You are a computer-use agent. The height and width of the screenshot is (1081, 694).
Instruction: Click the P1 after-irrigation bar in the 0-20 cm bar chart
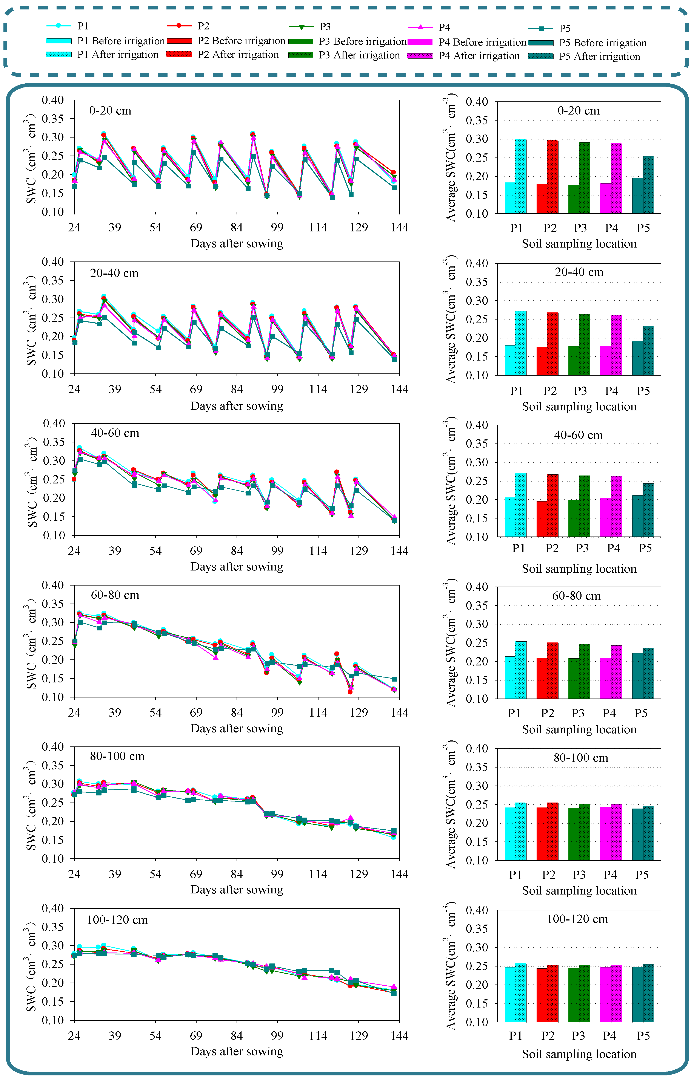520,176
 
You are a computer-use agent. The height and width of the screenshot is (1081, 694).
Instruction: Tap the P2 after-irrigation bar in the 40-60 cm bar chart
552,505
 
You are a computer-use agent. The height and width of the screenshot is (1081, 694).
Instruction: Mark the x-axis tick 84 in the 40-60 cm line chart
237,551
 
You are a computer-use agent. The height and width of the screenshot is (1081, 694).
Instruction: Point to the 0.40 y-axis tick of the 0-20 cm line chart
53,100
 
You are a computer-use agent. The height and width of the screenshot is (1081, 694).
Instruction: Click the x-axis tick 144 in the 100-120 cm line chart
399,1035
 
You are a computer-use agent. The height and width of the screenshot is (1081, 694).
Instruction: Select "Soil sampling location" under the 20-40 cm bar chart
579,407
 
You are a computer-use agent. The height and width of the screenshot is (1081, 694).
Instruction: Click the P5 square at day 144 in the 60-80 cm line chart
394,679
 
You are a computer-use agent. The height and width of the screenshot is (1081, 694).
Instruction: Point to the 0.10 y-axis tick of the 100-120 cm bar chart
477,1022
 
